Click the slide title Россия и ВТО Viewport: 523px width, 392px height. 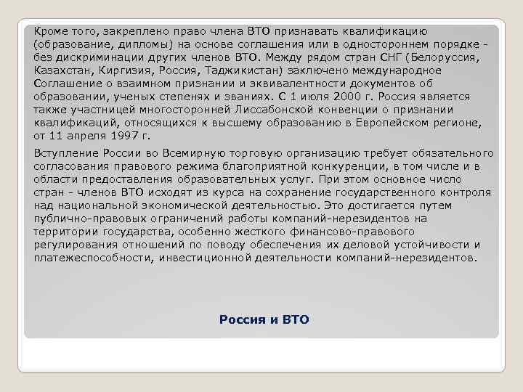click(x=264, y=319)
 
